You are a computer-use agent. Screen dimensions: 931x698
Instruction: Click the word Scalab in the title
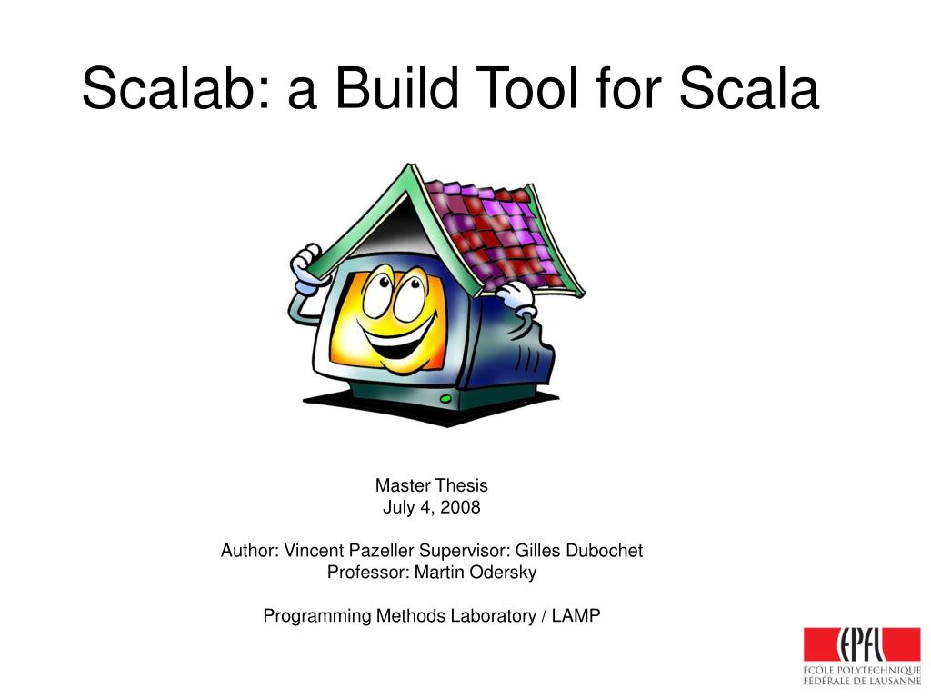tap(176, 88)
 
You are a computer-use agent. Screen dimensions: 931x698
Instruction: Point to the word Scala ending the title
tap(749, 88)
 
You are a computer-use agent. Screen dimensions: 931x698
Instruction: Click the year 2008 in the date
tap(460, 507)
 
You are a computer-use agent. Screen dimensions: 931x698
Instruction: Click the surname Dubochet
tap(604, 551)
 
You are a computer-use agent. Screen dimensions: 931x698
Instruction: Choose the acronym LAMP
tap(576, 616)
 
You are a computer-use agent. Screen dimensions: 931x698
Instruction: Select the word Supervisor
tap(465, 552)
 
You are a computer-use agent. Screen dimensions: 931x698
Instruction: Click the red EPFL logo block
tap(862, 644)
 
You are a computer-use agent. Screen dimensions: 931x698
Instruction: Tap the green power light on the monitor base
tap(445, 399)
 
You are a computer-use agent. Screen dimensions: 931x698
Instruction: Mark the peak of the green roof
tap(408, 165)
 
